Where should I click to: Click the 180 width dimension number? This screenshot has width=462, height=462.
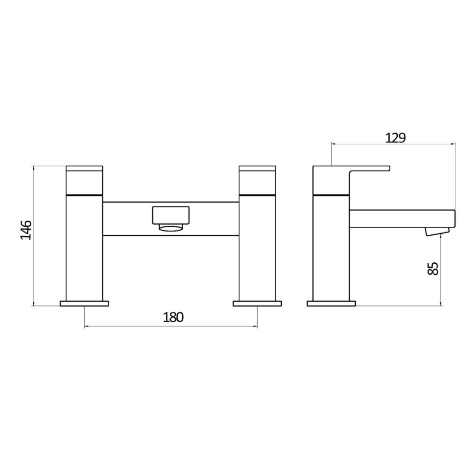[173, 317]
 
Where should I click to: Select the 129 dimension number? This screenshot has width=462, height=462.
[395, 138]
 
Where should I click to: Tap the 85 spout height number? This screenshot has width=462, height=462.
[433, 268]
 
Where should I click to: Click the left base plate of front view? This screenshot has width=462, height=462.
[85, 303]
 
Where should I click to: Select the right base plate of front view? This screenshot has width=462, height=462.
[257, 303]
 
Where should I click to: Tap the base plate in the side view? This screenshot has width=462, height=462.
[331, 303]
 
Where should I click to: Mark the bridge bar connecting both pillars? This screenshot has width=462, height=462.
[128, 219]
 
